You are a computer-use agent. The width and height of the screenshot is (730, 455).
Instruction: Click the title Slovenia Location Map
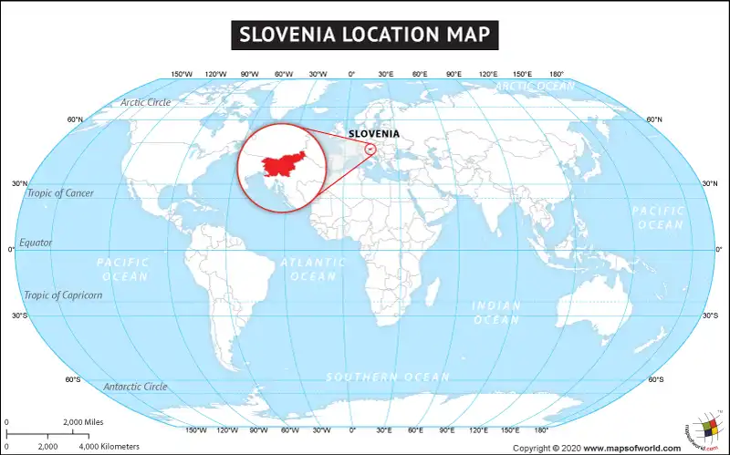point(364,35)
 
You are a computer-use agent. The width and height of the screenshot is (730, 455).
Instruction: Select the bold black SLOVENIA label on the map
point(374,134)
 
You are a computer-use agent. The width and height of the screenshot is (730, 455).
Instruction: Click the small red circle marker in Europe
point(371,150)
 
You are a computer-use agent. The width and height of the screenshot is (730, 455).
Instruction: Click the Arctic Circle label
point(145,102)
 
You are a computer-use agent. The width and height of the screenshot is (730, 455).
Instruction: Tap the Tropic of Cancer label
point(60,193)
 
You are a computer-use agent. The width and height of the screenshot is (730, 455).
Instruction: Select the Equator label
point(36,243)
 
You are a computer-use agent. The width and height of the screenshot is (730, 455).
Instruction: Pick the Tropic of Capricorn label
point(63,295)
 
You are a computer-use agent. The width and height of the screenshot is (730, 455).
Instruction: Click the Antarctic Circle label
point(135,387)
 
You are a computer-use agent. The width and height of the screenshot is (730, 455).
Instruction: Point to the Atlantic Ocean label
point(314,269)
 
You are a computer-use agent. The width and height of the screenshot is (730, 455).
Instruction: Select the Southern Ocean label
point(388,377)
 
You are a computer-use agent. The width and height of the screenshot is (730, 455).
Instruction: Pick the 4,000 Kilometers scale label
point(109,446)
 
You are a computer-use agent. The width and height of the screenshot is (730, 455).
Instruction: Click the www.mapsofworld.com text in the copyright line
point(631,448)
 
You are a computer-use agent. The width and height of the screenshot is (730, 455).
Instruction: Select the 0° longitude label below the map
point(352,429)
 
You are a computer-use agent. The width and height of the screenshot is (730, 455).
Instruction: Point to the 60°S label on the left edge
point(74,379)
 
